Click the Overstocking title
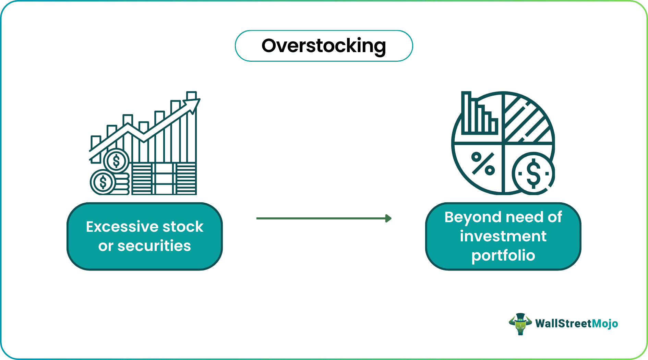(324, 46)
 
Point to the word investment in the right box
(503, 236)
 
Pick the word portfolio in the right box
(503, 256)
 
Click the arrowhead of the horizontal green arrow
(388, 218)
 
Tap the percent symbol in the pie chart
(483, 164)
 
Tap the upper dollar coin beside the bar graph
(116, 161)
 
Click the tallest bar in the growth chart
(192, 130)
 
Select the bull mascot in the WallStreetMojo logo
(520, 324)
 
